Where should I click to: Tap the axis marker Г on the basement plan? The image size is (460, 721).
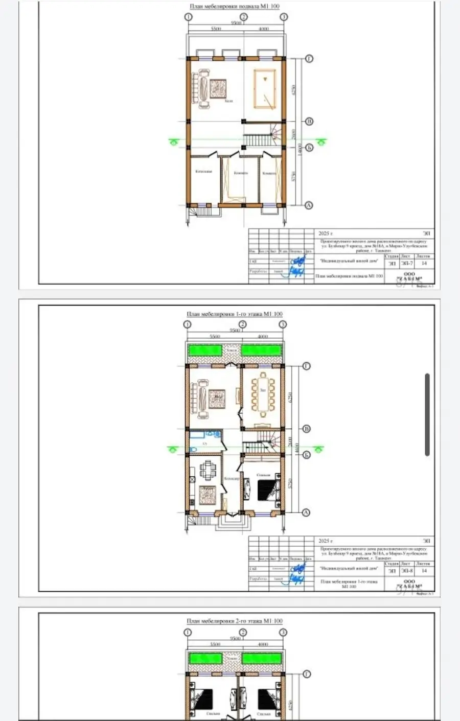click(309, 59)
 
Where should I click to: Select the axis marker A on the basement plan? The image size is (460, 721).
click(309, 205)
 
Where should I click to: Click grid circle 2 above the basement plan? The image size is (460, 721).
click(243, 17)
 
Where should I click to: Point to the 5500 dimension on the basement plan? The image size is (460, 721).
click(216, 29)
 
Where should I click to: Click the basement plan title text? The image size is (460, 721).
click(235, 7)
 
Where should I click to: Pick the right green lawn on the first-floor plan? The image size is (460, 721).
click(261, 351)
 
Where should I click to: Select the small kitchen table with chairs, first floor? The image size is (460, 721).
click(208, 470)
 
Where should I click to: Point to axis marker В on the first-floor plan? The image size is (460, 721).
click(307, 429)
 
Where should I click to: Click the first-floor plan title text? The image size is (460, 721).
click(235, 314)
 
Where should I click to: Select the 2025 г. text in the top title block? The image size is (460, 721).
click(326, 234)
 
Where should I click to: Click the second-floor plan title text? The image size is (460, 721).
click(235, 621)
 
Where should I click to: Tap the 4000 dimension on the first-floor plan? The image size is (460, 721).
click(262, 337)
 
